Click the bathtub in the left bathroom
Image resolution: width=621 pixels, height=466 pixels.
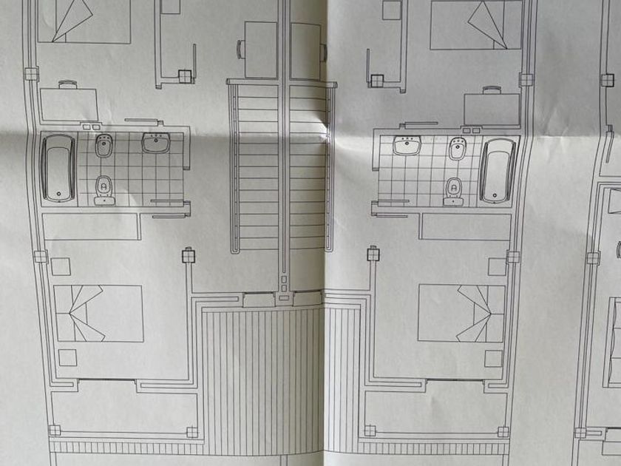point(58,168)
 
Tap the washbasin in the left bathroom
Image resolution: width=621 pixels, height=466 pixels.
point(155,143)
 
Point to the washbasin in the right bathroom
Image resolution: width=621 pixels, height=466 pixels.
point(407,146)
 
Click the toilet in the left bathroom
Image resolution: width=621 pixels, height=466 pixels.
point(103,187)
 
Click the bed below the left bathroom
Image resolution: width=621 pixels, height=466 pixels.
point(98,313)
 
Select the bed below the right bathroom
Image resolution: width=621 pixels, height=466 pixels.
point(461,313)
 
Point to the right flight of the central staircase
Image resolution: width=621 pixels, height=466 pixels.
point(308,166)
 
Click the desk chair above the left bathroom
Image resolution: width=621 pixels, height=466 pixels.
point(67,84)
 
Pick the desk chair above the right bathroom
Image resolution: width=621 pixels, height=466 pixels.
point(490,90)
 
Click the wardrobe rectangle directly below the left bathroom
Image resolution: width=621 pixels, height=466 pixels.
point(91,226)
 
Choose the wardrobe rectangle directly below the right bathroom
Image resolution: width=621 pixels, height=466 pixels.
point(466,226)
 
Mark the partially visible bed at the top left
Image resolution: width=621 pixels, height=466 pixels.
point(84,21)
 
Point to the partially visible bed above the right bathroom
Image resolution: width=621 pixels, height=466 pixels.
point(475,24)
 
